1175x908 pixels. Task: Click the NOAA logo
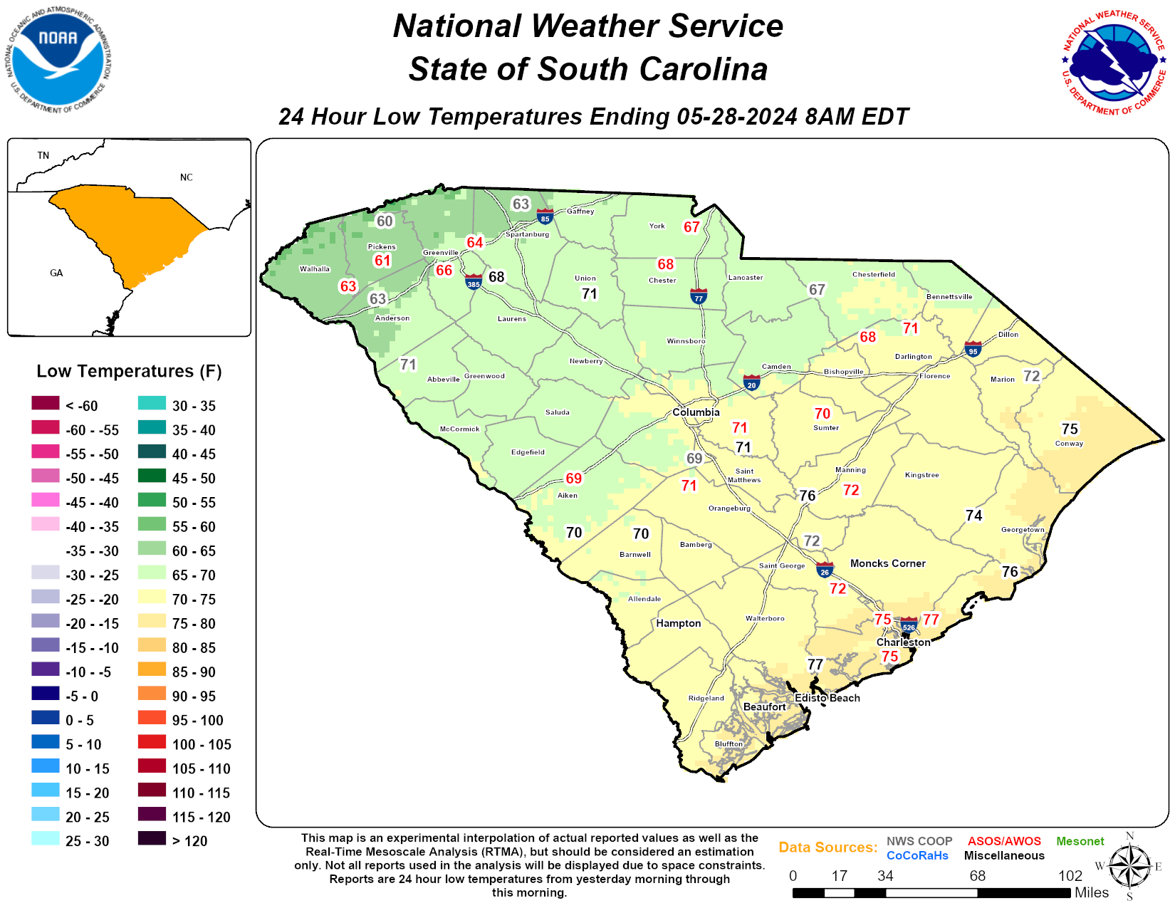pos(59,61)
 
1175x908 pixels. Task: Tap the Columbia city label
pos(696,412)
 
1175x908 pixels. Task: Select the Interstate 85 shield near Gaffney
pos(545,216)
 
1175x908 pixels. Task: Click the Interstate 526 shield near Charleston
pos(909,625)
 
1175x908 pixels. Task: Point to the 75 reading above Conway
pos(1070,429)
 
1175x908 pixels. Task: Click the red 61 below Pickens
pos(382,261)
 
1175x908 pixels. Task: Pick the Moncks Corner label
pos(887,563)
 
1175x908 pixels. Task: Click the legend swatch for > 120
pos(152,838)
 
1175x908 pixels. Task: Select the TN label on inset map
pos(43,155)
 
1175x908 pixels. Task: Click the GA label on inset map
pos(56,273)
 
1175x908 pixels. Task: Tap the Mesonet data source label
pos(1080,841)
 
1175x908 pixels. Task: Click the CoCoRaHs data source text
pos(917,855)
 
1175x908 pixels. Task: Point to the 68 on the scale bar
pos(977,876)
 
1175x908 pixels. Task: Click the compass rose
pos(1129,867)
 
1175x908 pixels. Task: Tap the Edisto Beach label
pos(827,698)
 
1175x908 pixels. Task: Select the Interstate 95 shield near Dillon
pos(973,349)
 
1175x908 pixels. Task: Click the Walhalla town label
pos(314,269)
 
